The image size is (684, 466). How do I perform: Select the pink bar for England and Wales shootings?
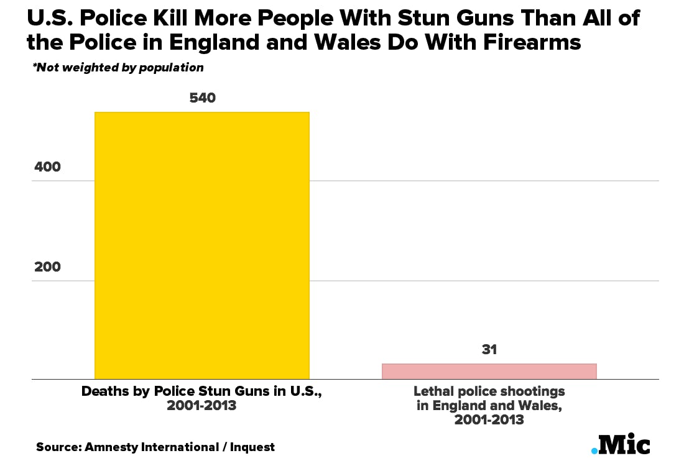pyautogui.click(x=489, y=371)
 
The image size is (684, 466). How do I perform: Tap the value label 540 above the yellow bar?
pyautogui.click(x=201, y=98)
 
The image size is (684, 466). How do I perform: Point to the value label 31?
pyautogui.click(x=489, y=350)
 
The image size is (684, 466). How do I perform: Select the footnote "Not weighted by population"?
pyautogui.click(x=118, y=67)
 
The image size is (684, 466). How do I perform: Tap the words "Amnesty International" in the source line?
pyautogui.click(x=149, y=447)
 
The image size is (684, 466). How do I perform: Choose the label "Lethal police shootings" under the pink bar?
pyautogui.click(x=489, y=392)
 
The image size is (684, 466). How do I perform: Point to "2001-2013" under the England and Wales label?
pyautogui.click(x=489, y=419)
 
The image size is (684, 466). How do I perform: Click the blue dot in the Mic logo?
pyautogui.click(x=594, y=450)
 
